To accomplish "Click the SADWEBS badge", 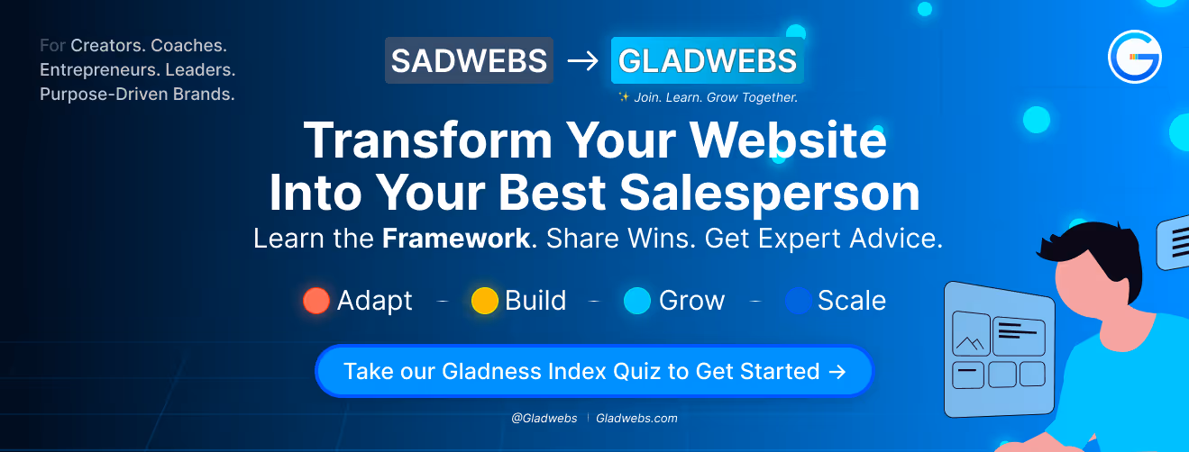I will (x=469, y=60).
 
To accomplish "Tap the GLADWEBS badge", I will (x=707, y=60).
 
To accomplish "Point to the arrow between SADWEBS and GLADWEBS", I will (x=581, y=61).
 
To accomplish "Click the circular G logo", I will (x=1134, y=57).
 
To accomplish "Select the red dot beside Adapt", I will (x=316, y=301).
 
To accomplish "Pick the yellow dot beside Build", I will (x=485, y=301).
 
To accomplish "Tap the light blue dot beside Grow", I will (x=637, y=301).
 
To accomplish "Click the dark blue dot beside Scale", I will (x=799, y=301).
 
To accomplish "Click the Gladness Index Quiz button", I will (x=594, y=371).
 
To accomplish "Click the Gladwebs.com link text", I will (x=636, y=418).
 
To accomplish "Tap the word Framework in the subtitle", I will (x=455, y=239).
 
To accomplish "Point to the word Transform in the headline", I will (x=427, y=141).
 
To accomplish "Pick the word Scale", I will (x=851, y=301).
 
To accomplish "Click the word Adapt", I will (x=374, y=301).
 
